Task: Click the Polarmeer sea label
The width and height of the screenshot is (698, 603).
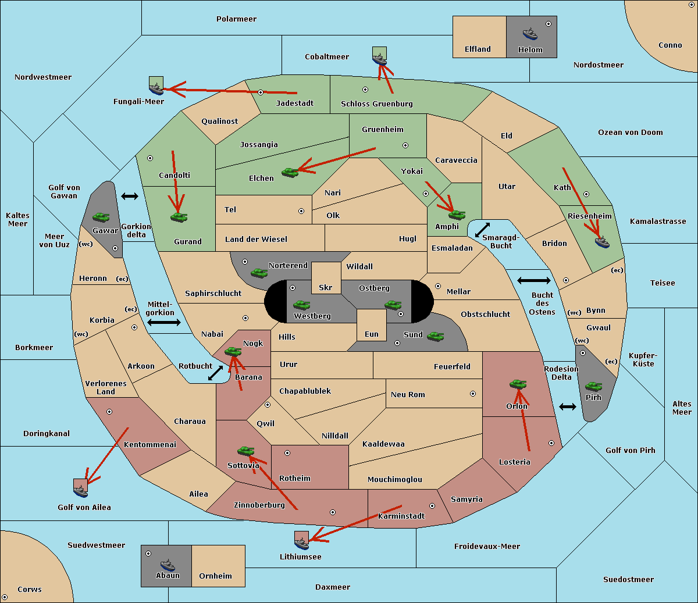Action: tap(236, 19)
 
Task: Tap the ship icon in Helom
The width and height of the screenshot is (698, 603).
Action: tap(530, 34)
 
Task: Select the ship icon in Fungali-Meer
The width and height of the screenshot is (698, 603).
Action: tap(156, 88)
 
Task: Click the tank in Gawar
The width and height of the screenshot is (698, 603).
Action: tap(101, 217)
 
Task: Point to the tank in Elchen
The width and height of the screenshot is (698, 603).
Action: tap(290, 172)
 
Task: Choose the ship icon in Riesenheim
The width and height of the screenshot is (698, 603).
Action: tap(602, 241)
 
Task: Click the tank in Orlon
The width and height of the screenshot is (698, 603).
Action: tap(517, 384)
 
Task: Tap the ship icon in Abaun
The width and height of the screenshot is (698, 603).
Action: tap(168, 565)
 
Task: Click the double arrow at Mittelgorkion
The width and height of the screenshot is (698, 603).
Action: tap(164, 323)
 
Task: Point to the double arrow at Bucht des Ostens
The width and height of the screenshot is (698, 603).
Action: tap(533, 281)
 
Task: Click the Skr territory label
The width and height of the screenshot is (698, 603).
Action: tap(326, 288)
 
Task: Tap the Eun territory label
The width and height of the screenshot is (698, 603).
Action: tap(372, 334)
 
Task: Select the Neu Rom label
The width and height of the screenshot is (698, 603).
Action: tap(408, 394)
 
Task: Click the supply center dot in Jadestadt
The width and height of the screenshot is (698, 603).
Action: tap(261, 92)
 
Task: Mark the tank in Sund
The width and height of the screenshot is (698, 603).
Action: tap(436, 336)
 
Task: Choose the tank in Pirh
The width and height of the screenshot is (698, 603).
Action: tap(593, 387)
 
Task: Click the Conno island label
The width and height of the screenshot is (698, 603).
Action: tap(670, 45)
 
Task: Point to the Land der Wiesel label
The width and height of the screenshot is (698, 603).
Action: tap(256, 239)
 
